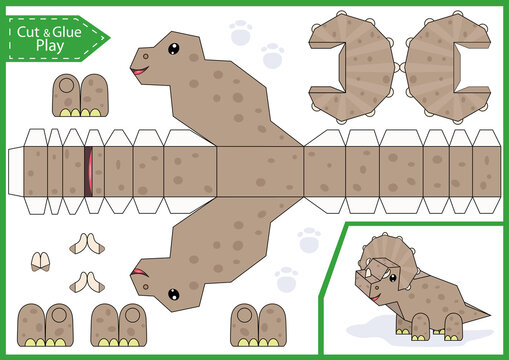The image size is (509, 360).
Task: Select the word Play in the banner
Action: coord(47,46)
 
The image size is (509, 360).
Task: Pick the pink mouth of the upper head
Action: coord(139,71)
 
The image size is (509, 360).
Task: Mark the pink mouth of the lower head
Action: coord(140,271)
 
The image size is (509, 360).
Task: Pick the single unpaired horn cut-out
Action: coord(42,262)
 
